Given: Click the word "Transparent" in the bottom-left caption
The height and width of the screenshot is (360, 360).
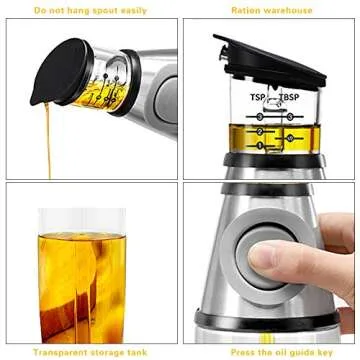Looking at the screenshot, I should click(56, 351).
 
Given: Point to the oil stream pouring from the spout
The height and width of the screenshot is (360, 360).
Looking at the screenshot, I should click(44, 140).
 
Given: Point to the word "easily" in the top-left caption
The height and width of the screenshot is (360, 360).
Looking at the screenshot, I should click(137, 11).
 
